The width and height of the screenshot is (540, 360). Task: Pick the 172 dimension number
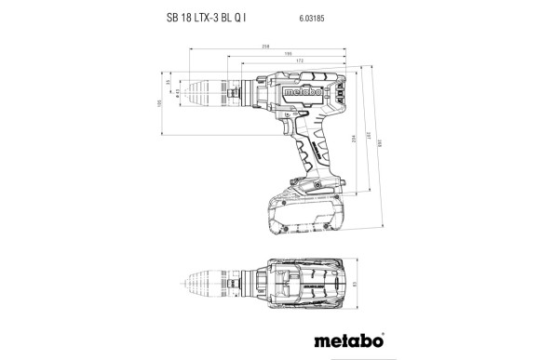pos(298,62)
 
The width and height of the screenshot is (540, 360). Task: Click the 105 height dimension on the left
pos(159,104)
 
